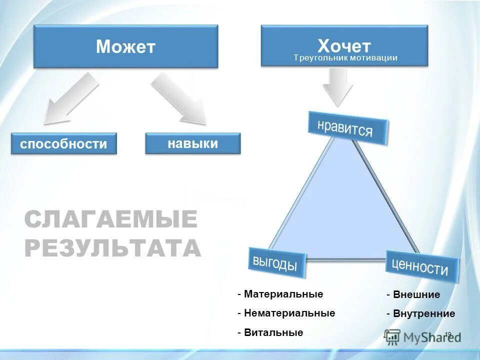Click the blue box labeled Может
pos(125,46)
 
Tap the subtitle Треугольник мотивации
pos(345,58)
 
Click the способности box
pos(63,144)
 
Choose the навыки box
pos(192,143)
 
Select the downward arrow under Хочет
pos(338,86)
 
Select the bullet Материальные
pos(283,294)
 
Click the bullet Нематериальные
pos(289,313)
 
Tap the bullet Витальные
pos(273,332)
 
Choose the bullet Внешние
pos(416,294)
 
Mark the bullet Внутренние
pos(423,313)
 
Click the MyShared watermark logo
pos(422,336)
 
